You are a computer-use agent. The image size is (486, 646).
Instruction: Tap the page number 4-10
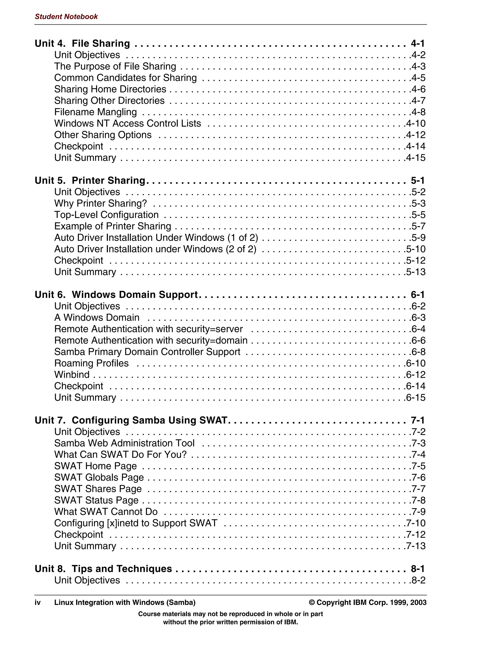416,123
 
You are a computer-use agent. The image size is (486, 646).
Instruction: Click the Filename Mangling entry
95,112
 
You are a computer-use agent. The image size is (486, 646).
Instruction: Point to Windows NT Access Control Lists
127,123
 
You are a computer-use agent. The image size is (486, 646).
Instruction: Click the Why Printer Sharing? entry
100,203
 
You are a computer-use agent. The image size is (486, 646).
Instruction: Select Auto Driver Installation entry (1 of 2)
156,237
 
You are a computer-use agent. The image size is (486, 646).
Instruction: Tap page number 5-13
416,272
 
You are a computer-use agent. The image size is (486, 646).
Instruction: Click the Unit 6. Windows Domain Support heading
116,294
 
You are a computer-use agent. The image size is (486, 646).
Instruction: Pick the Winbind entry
72,374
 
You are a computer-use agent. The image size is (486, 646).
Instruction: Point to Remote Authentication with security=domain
151,340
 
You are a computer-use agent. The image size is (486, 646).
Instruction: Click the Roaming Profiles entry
91,363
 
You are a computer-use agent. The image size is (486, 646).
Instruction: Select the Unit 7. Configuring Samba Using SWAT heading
131,420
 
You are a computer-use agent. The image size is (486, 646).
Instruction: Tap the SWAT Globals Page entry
99,477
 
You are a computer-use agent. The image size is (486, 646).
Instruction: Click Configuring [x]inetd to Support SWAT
136,523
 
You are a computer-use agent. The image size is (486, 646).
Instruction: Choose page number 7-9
418,512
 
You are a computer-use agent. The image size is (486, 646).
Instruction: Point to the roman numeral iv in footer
37,602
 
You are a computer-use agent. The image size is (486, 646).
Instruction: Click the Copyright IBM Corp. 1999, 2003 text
368,602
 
